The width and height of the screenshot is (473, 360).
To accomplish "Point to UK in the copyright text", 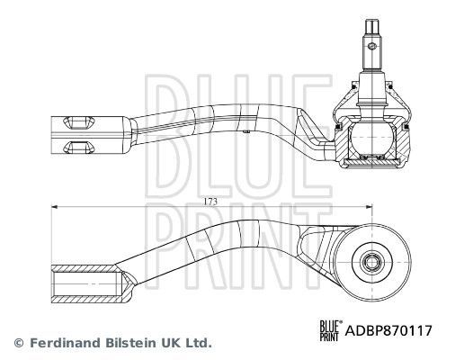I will coord(171,343).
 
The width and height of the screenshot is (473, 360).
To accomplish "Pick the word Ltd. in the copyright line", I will coord(200,343).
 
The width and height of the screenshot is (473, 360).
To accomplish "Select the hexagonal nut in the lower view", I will coord(370,263).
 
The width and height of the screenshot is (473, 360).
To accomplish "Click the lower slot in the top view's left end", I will coord(76,145).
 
